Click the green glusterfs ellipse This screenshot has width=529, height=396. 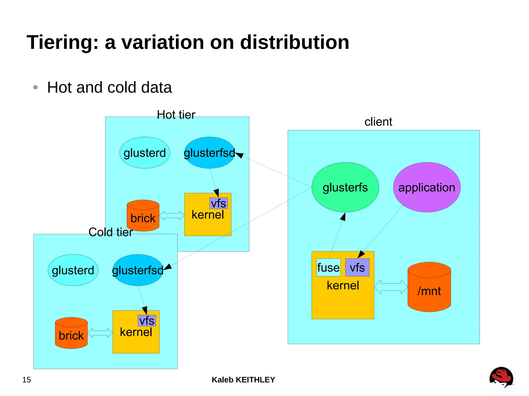pos(345,187)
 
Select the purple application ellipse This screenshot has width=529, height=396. pos(427,187)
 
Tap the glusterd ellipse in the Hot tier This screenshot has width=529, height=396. pos(145,153)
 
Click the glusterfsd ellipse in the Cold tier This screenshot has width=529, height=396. pos(138,270)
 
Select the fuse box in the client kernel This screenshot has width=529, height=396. pos(328,268)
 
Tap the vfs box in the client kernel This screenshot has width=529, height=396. pos(357,268)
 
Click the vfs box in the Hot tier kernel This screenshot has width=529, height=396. pos(219,203)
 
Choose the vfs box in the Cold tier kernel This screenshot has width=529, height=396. pos(147,321)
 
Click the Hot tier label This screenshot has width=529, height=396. pos(176,115)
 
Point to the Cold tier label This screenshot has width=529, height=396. pos(111,232)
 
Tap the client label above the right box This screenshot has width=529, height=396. pos(378,122)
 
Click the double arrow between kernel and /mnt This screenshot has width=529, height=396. pos(391,287)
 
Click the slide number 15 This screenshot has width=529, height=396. pos(27,380)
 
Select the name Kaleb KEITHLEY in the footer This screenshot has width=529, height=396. pos(243,380)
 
